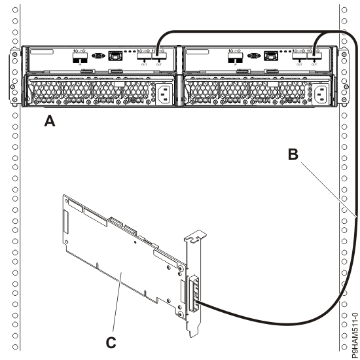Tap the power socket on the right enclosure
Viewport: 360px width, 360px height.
tap(320, 95)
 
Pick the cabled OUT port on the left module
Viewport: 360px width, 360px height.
tap(158, 58)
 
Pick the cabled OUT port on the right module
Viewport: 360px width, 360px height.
tap(317, 58)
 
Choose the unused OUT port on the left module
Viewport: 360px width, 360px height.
tap(143, 58)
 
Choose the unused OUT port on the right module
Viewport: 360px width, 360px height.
tap(302, 58)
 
